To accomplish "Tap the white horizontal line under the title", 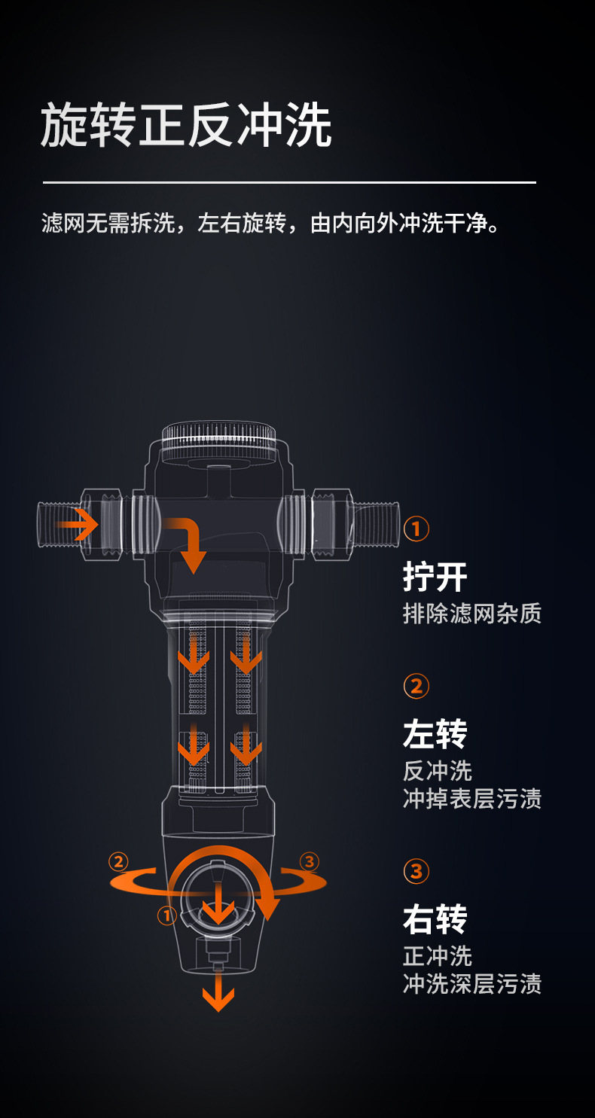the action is pos(289,183).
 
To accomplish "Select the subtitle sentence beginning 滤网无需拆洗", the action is pos(270,223).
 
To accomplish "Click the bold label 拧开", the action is pos(435,577).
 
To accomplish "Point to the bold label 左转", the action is pos(435,734).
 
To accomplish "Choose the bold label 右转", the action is pos(435,919).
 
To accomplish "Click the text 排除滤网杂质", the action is pos(471,614).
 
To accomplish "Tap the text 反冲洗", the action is pos(438,771).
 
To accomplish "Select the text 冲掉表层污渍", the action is pos(471,799).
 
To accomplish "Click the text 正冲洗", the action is pos(438,956).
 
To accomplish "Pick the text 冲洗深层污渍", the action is pos(471,984).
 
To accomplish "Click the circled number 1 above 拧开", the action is pos(416,529).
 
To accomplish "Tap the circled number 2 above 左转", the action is pos(416,687).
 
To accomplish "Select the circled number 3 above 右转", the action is pos(416,872).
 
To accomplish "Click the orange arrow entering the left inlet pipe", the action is pos(77,524).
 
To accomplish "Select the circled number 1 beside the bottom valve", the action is pos(167,915).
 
